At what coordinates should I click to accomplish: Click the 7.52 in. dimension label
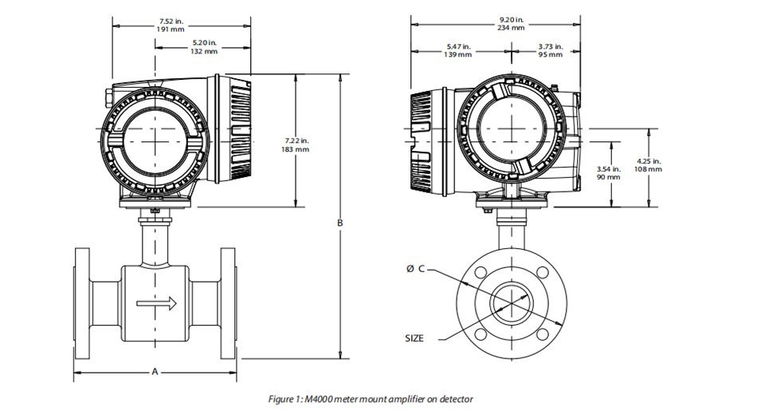(171, 22)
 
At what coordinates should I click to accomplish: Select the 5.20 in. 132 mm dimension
(204, 47)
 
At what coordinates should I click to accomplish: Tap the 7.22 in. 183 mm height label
(295, 145)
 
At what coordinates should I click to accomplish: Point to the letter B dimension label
(340, 223)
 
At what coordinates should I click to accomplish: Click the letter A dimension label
(155, 372)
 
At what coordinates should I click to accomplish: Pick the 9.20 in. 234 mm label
(511, 24)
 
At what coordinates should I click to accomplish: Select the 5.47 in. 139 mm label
(457, 51)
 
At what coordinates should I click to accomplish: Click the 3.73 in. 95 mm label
(551, 51)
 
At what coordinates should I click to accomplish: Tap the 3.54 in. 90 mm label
(608, 173)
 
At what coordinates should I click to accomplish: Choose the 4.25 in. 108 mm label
(648, 165)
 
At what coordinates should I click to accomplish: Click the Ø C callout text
(415, 269)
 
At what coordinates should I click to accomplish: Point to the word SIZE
(414, 338)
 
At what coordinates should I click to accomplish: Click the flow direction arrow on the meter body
(156, 303)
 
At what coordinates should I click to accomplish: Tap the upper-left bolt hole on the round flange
(481, 272)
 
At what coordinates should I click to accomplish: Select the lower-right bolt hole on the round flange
(542, 334)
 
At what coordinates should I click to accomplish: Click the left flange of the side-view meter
(82, 303)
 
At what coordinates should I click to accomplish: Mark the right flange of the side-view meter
(229, 303)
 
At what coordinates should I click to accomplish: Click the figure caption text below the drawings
(371, 399)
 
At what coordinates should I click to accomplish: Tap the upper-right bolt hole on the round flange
(542, 272)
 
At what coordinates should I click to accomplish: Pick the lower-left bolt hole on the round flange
(481, 334)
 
